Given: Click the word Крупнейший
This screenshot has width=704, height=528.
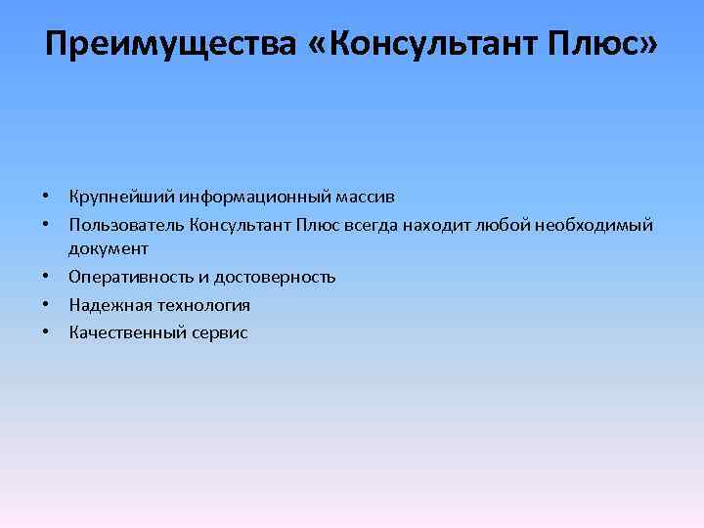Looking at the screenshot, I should pyautogui.click(x=120, y=198).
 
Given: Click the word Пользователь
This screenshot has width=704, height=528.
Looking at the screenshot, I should pyautogui.click(x=125, y=226).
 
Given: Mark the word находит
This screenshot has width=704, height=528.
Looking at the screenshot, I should pyautogui.click(x=437, y=226).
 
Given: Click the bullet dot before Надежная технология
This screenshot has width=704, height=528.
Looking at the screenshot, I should pyautogui.click(x=47, y=305).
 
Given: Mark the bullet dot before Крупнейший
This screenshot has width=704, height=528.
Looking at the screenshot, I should pyautogui.click(x=47, y=198).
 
